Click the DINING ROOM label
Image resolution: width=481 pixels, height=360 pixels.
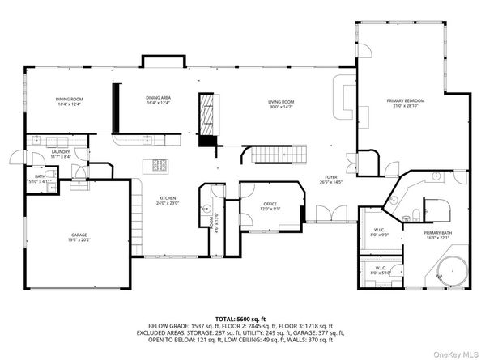pyautogui.click(x=70, y=99)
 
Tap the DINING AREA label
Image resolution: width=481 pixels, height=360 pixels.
pyautogui.click(x=159, y=99)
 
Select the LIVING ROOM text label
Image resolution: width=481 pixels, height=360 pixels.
pyautogui.click(x=282, y=103)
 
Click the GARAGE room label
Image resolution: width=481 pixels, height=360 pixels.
pyautogui.click(x=79, y=235)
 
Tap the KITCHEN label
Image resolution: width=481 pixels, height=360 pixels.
pyautogui.click(x=168, y=197)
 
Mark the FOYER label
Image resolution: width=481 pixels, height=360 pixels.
pyautogui.click(x=330, y=176)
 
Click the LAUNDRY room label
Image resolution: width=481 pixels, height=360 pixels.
pyautogui.click(x=60, y=151)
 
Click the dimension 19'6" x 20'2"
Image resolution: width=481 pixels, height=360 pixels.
pyautogui.click(x=79, y=240)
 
